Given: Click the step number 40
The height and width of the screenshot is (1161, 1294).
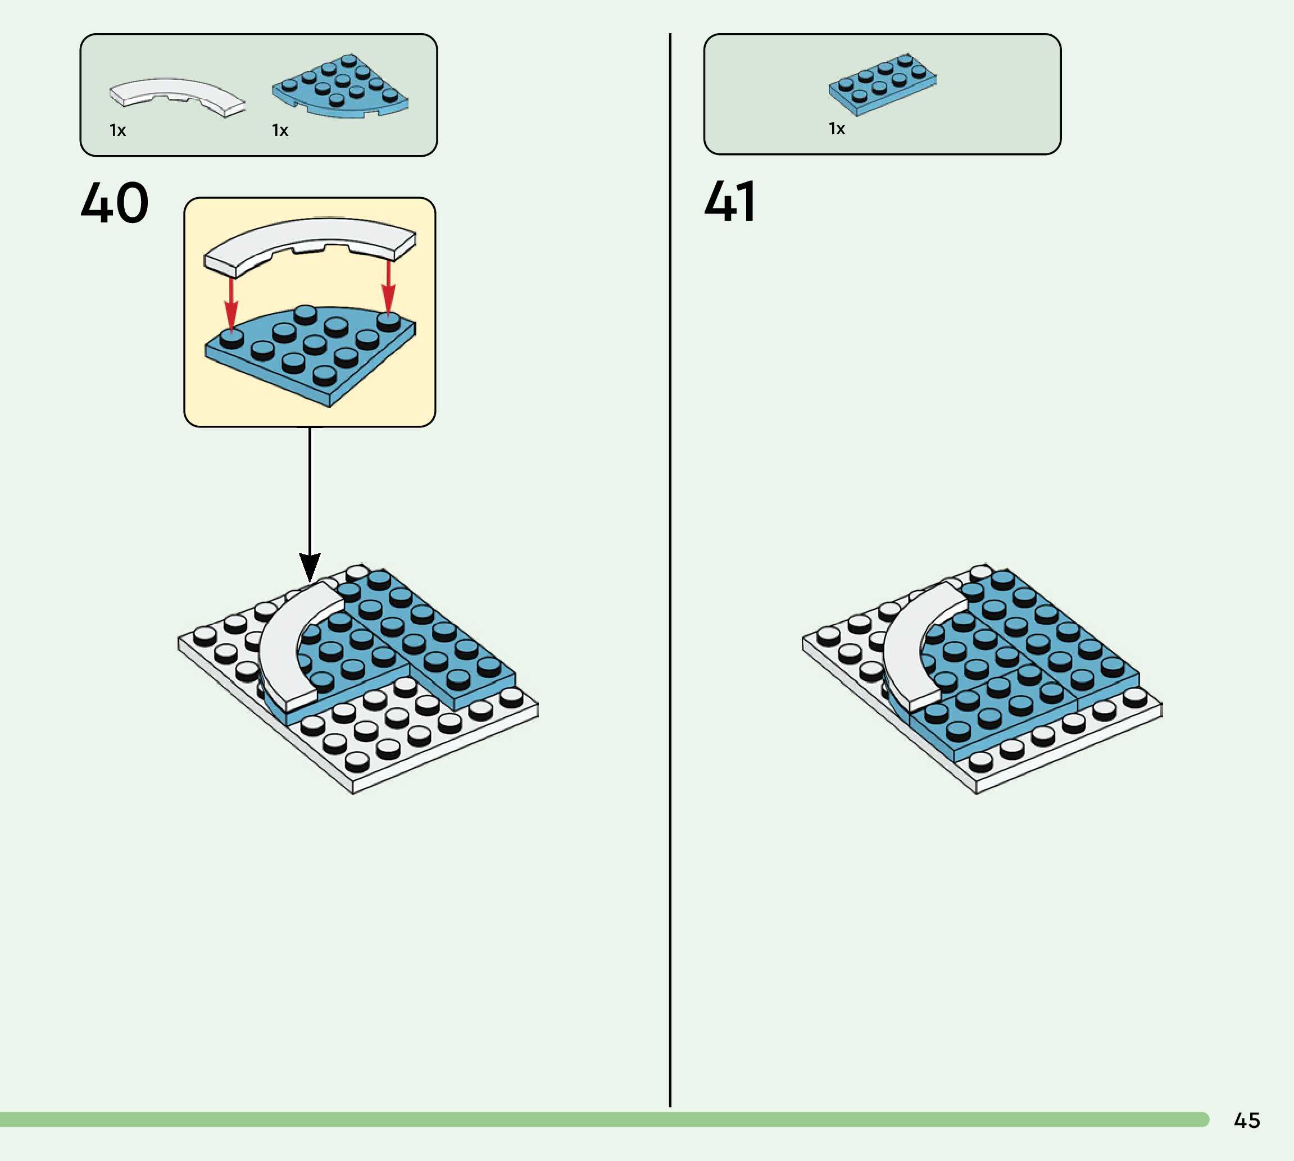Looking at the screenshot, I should (x=115, y=203).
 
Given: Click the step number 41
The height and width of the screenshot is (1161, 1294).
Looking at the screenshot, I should (x=730, y=202).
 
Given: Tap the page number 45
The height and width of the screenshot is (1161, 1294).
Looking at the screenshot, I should (x=1247, y=1120).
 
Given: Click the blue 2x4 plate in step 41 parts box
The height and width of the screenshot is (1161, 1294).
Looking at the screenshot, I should (x=883, y=85).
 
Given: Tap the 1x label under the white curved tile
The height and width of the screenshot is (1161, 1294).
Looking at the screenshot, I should (x=118, y=131).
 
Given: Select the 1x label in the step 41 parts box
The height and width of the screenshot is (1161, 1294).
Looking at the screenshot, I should (x=837, y=129).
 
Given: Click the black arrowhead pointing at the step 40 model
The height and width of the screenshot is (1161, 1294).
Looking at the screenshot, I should (x=310, y=567).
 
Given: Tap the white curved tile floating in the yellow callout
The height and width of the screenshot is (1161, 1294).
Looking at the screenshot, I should (x=310, y=243).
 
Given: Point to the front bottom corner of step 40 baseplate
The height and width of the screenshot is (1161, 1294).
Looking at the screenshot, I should (x=353, y=793).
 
